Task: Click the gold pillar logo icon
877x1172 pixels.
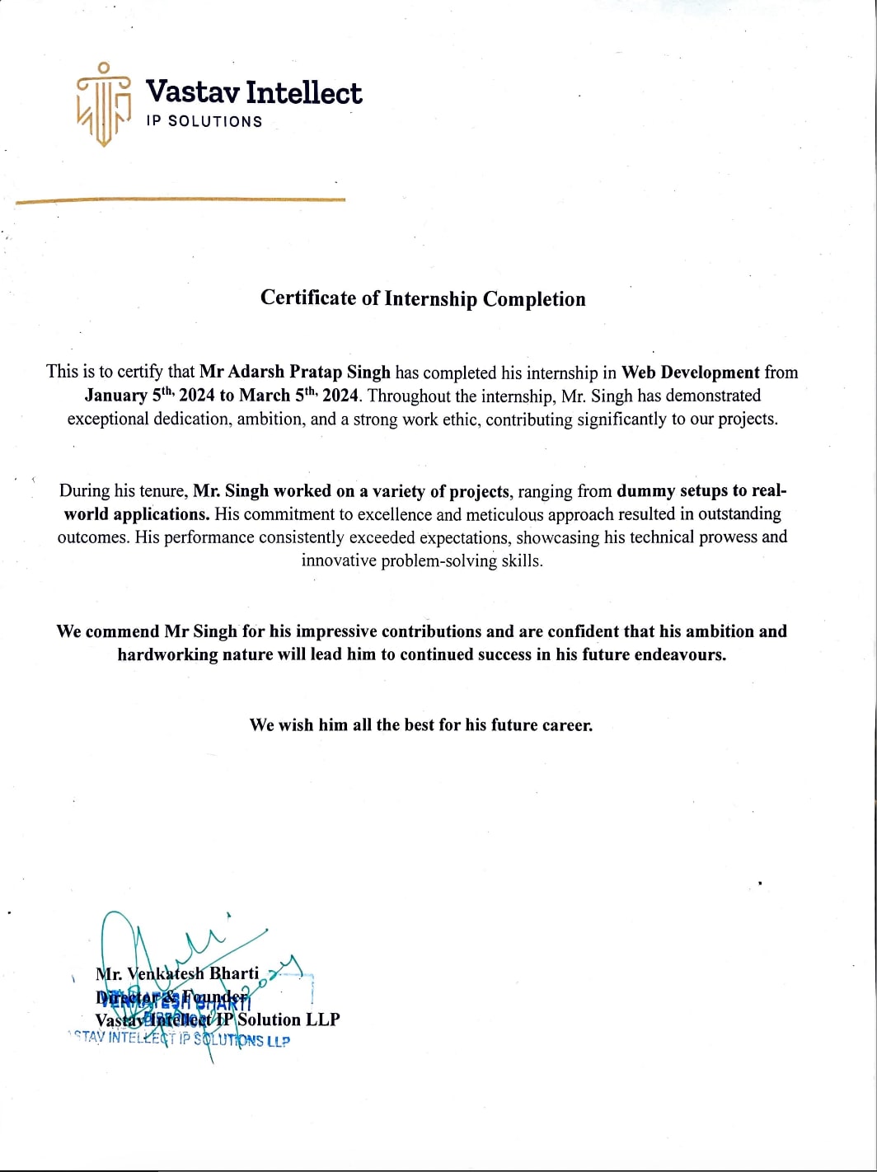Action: (104, 105)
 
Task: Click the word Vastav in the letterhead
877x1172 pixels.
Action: (192, 92)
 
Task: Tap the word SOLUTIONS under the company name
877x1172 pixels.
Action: (215, 121)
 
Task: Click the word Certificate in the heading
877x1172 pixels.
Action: (308, 298)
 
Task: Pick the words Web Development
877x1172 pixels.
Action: (690, 372)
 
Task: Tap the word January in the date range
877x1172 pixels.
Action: (116, 395)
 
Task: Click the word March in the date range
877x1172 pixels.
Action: (265, 395)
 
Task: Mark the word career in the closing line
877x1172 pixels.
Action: (567, 725)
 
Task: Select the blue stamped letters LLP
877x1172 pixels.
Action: (278, 1042)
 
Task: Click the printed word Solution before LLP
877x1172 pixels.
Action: (270, 1020)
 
